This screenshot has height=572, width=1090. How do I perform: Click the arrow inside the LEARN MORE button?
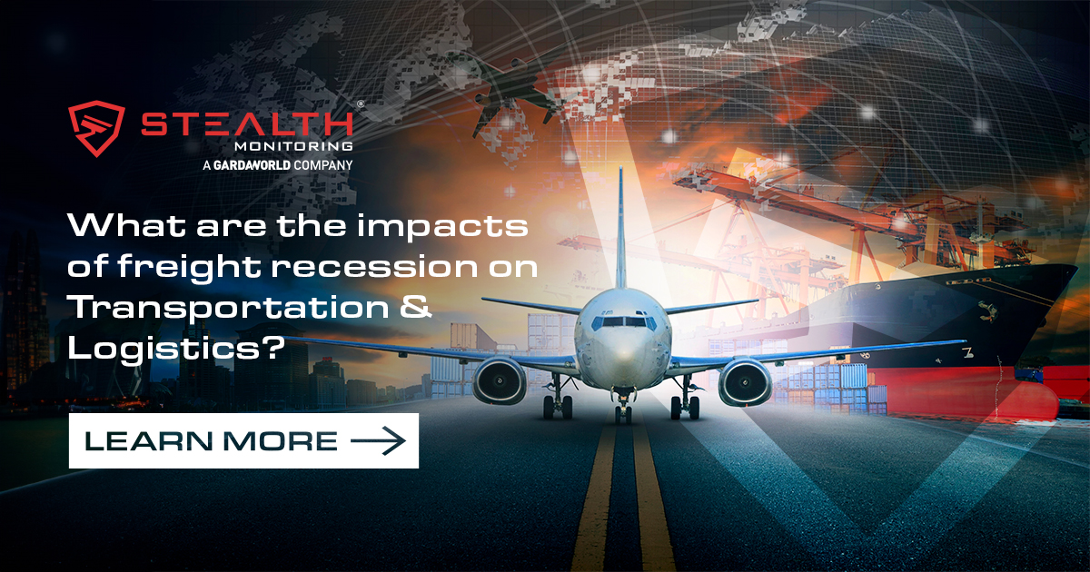[377, 440]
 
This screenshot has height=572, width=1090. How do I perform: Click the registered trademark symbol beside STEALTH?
[360, 105]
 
